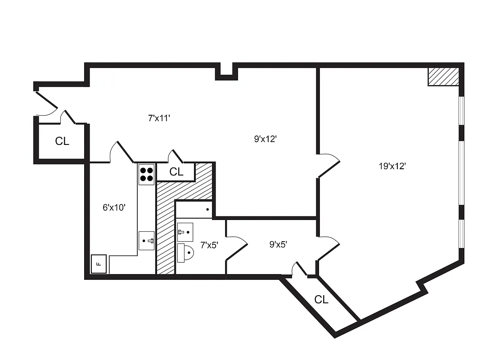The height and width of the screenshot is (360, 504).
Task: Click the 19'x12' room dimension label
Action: click(392, 166)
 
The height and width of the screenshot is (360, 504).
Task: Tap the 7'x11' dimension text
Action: click(159, 118)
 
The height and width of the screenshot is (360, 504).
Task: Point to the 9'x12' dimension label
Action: click(265, 139)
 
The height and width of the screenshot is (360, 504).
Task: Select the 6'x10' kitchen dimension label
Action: click(114, 207)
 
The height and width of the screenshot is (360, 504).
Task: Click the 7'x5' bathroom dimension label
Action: click(209, 245)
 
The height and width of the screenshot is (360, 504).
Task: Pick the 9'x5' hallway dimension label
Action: click(278, 245)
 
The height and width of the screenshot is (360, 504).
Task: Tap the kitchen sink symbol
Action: click(146, 241)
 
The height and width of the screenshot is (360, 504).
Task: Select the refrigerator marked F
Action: click(99, 264)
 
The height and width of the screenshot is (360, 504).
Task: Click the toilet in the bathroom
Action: click(186, 252)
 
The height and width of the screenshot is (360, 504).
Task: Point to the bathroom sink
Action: click(184, 231)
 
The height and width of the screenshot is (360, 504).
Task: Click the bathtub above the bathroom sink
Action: click(193, 210)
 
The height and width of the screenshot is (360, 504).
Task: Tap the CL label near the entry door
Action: click(62, 141)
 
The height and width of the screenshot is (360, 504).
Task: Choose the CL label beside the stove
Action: click(176, 171)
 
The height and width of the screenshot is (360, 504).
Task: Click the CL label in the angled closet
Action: click(321, 299)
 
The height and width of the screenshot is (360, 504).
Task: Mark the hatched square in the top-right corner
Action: click(443, 76)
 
